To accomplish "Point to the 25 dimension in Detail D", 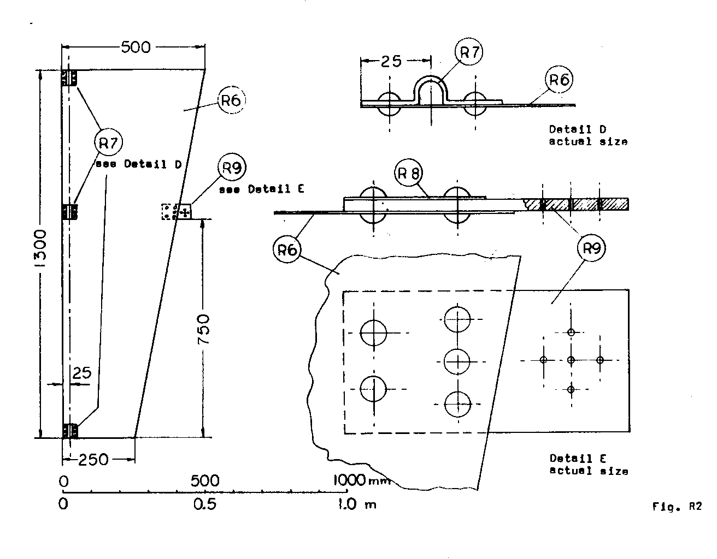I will (x=390, y=61).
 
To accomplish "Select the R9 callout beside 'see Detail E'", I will (x=232, y=167).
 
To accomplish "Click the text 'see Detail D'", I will (x=139, y=164).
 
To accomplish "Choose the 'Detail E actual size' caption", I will (x=589, y=465).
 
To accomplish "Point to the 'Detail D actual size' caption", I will (x=588, y=135).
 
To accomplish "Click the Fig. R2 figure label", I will (x=677, y=507).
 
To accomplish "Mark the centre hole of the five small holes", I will (x=571, y=360).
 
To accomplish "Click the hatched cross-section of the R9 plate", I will (x=585, y=204).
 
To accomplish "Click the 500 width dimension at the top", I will (x=135, y=47).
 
